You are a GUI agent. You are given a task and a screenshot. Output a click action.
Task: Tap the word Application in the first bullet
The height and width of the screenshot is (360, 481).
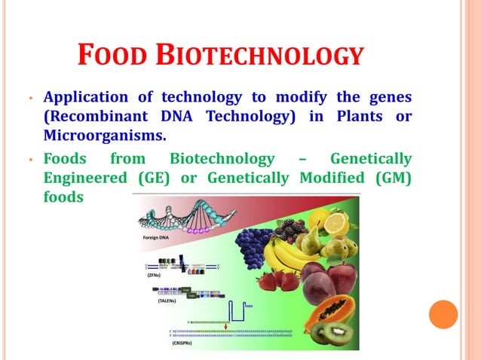coord(84,97)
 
